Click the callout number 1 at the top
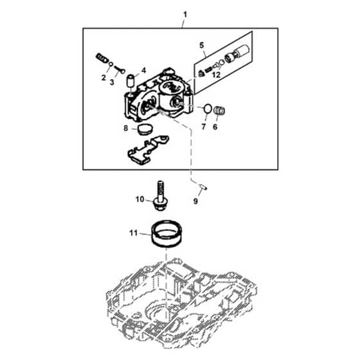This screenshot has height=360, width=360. pos(185,15)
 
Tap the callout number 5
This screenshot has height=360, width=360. pos(202,46)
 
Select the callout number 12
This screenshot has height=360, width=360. pos(216,75)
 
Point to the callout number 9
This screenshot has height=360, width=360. pos(195,201)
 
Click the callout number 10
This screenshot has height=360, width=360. pos(139,199)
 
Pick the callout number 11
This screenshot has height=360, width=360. pos(134,233)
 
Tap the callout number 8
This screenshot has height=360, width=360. pos(125,128)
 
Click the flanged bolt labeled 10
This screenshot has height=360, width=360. pos(161,196)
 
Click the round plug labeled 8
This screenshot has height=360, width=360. pos(145,129)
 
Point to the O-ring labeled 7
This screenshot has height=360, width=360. pos(208,109)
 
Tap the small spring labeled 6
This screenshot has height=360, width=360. pos(219,111)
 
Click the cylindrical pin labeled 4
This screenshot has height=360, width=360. pos(130,81)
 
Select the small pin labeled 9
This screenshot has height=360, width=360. pos(203,187)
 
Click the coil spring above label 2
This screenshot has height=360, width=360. pos(102,57)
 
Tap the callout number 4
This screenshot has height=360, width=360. pos(144,71)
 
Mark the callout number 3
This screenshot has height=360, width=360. pos(112,82)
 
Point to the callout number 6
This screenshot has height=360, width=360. pos(215,127)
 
